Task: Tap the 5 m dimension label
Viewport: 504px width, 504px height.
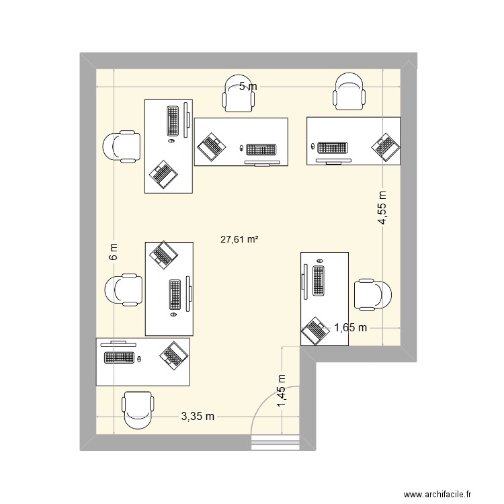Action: tap(248, 86)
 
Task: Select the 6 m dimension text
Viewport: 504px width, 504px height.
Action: tap(114, 251)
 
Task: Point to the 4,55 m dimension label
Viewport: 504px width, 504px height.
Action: tap(382, 209)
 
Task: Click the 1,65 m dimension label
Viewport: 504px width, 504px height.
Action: tap(351, 328)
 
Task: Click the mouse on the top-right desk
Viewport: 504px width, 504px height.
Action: tap(312, 146)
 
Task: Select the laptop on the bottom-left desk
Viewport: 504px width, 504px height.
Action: tap(174, 354)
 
